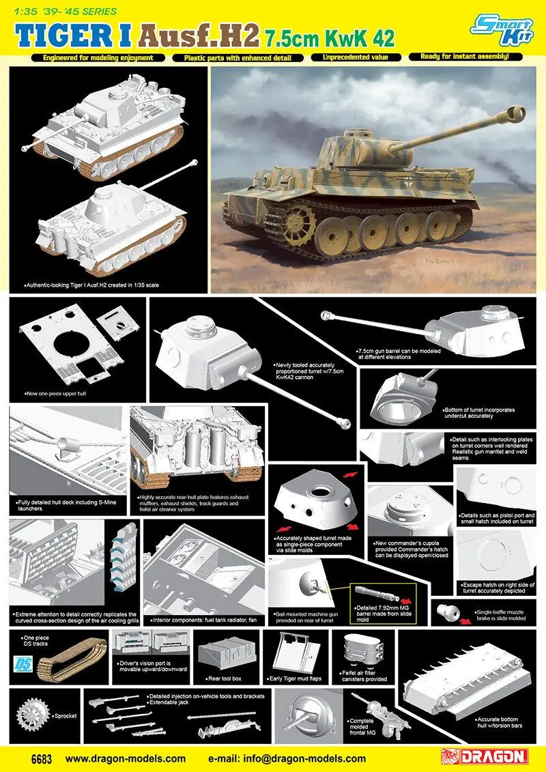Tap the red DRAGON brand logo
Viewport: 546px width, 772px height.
pyautogui.click(x=485, y=757)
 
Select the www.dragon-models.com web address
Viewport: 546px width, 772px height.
pyautogui.click(x=126, y=758)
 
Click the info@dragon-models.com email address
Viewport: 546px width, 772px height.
pyautogui.click(x=287, y=758)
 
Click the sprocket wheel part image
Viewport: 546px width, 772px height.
pyautogui.click(x=31, y=714)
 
